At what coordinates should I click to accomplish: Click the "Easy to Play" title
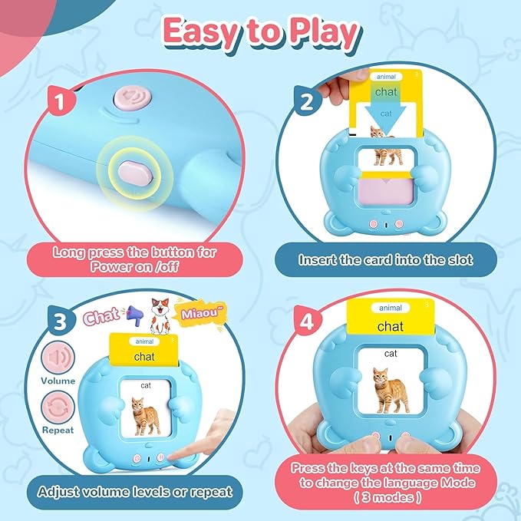click(x=261, y=35)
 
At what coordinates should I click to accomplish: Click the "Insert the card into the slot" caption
click(x=385, y=259)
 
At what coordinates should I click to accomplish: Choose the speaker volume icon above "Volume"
click(x=58, y=358)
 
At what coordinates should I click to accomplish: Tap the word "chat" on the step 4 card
click(x=390, y=327)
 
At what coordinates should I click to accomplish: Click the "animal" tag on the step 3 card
click(x=143, y=341)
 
